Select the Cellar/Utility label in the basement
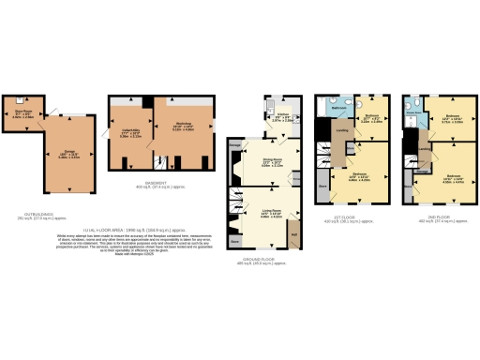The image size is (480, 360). tap(131, 130)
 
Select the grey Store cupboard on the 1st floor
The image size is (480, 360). tap(323, 187)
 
